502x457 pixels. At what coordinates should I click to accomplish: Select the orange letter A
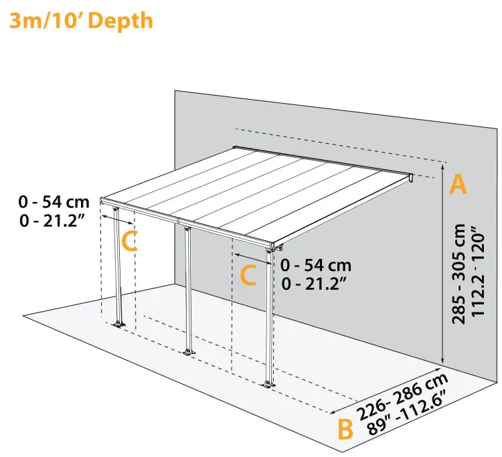pyautogui.click(x=458, y=183)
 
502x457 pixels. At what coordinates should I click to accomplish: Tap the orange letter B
pyautogui.click(x=345, y=429)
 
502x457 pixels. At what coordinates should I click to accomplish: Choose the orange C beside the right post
pyautogui.click(x=248, y=275)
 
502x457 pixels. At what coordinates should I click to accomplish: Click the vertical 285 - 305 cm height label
pyautogui.click(x=459, y=273)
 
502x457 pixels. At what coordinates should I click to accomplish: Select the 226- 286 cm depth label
pyautogui.click(x=403, y=396)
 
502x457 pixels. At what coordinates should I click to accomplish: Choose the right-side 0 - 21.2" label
pyautogui.click(x=315, y=284)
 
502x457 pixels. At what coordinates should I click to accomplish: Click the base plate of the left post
pyautogui.click(x=120, y=325)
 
